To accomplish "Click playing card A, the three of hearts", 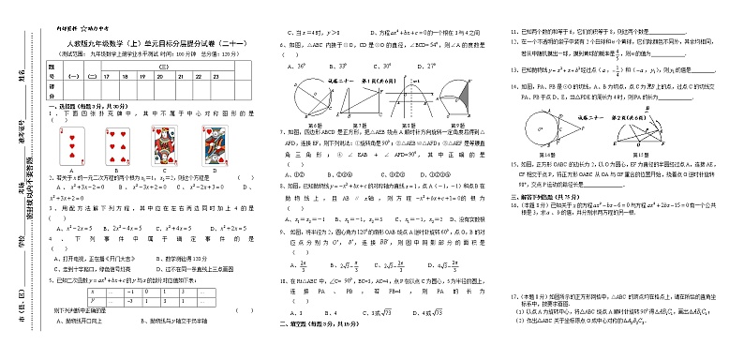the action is [x=72, y=147].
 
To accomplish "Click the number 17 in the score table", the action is [x=108, y=75].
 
